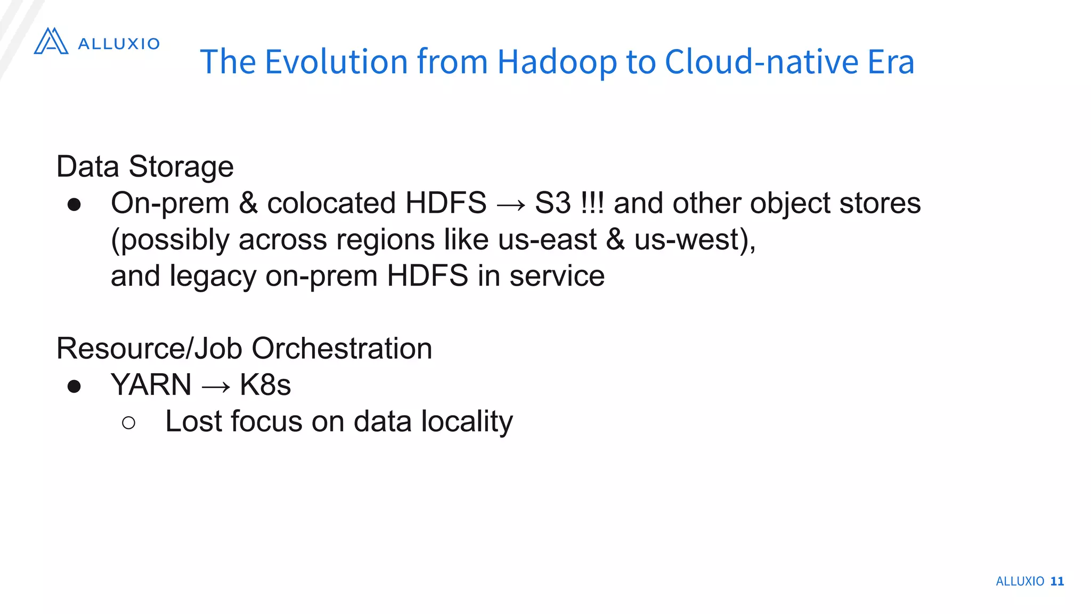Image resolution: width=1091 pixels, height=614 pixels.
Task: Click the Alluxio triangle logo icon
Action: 51,41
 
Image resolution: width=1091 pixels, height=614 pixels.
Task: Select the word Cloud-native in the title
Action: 761,62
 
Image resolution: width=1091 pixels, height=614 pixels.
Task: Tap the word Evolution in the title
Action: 336,62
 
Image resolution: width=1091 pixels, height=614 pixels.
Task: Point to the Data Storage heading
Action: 145,167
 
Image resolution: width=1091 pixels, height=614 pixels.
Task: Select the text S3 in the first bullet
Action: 552,203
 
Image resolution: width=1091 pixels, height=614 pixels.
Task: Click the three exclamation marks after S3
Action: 592,203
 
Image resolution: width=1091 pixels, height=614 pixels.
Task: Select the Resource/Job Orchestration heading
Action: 244,349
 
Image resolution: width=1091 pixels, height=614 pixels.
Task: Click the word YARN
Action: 151,385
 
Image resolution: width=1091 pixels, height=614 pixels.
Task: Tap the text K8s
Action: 265,385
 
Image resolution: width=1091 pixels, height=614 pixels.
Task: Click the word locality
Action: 467,422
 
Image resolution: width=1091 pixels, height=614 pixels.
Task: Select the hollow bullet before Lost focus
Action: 128,423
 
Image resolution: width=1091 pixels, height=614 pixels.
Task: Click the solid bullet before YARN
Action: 74,386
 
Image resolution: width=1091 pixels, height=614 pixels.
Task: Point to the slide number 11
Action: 1057,581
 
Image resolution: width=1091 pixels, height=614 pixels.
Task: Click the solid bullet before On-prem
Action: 74,205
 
